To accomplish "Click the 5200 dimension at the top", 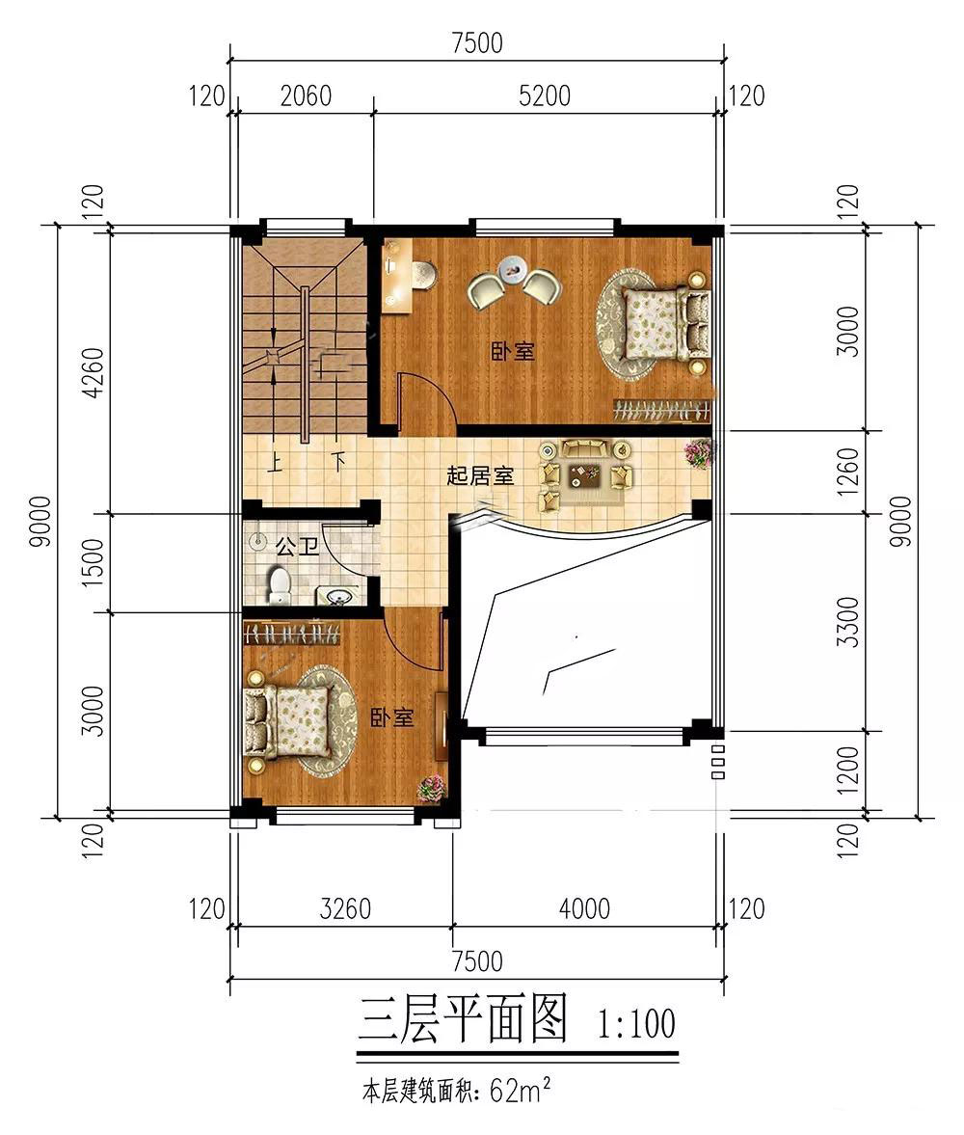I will (546, 95).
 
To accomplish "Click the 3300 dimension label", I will (848, 622).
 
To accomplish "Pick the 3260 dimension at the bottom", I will (344, 908).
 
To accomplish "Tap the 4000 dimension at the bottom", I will (584, 908).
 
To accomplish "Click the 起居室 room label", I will (479, 475).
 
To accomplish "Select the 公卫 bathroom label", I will (297, 547).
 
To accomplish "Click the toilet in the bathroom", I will (279, 584).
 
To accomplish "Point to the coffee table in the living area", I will (584, 473).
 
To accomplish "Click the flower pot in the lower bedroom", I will (432, 788).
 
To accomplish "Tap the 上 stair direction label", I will (275, 462).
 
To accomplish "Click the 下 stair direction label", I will (337, 462).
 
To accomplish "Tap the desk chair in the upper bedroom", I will (425, 276).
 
